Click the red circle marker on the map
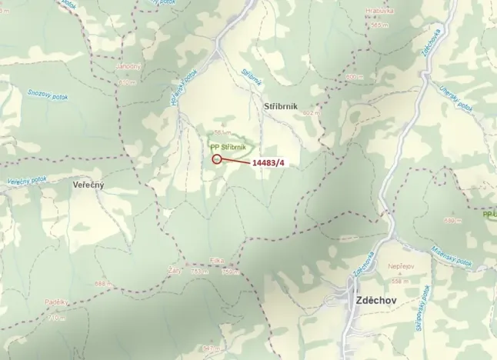(216, 159)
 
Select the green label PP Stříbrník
(228, 145)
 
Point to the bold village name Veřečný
(88, 186)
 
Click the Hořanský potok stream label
(184, 86)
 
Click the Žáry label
(175, 263)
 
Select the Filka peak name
(217, 261)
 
